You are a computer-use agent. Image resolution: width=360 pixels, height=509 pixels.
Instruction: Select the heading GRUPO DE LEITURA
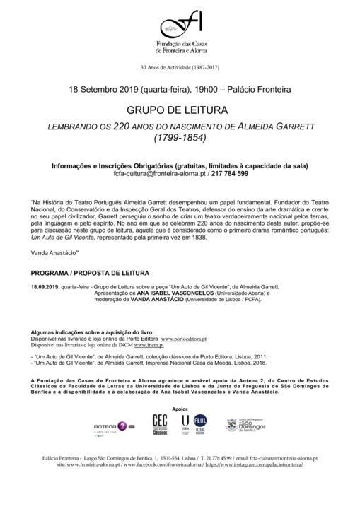(x=180, y=112)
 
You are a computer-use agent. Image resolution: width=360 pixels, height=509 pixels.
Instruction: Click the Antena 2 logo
(x=112, y=426)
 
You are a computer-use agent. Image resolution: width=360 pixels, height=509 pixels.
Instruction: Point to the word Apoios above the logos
(x=180, y=409)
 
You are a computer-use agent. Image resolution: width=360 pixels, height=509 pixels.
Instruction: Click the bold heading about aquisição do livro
(x=88, y=332)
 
